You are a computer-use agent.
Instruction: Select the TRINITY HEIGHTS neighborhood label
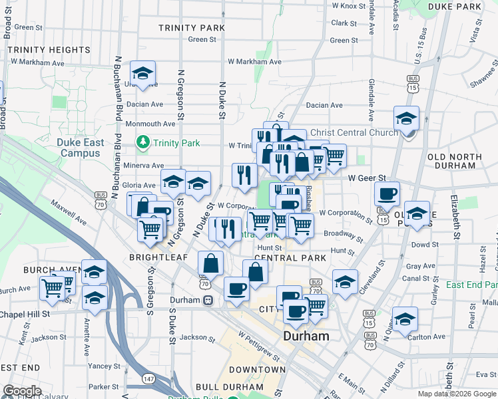[49, 50]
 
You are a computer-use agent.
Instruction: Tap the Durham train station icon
[208, 300]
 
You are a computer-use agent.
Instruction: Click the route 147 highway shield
[148, 378]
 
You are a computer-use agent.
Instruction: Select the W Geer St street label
[368, 178]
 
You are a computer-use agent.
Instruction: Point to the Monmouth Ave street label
[148, 124]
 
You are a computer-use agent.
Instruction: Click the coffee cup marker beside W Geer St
[386, 194]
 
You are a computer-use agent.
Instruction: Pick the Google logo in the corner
[22, 391]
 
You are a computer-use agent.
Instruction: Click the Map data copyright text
[457, 394]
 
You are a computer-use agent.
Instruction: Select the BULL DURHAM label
[228, 386]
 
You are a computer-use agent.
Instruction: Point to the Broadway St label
[342, 234]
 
